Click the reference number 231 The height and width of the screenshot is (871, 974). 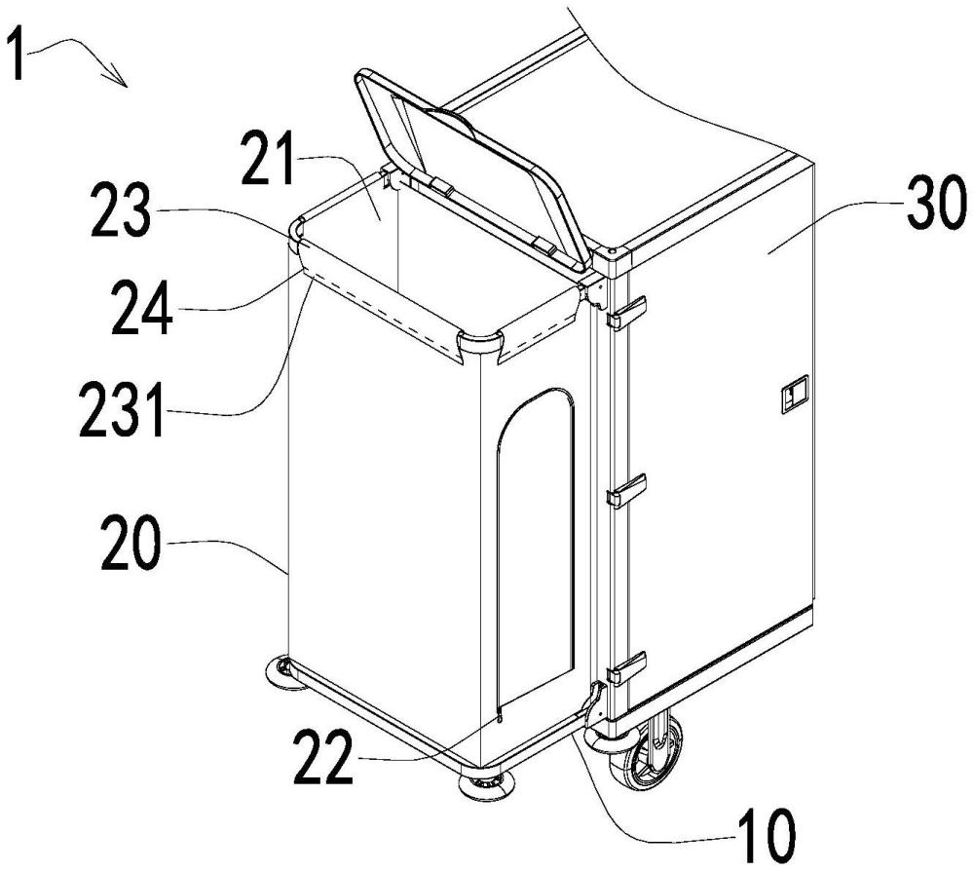tap(123, 410)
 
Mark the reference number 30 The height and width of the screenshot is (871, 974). tap(937, 203)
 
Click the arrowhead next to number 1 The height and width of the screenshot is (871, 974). tap(118, 75)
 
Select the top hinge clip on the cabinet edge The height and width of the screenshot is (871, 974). tap(626, 312)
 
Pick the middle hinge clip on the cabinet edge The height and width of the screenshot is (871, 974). tap(626, 490)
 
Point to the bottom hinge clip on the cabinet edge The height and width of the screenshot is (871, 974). tap(626, 667)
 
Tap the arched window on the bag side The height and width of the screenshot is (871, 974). tap(536, 547)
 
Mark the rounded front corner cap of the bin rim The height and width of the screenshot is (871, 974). tap(479, 346)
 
